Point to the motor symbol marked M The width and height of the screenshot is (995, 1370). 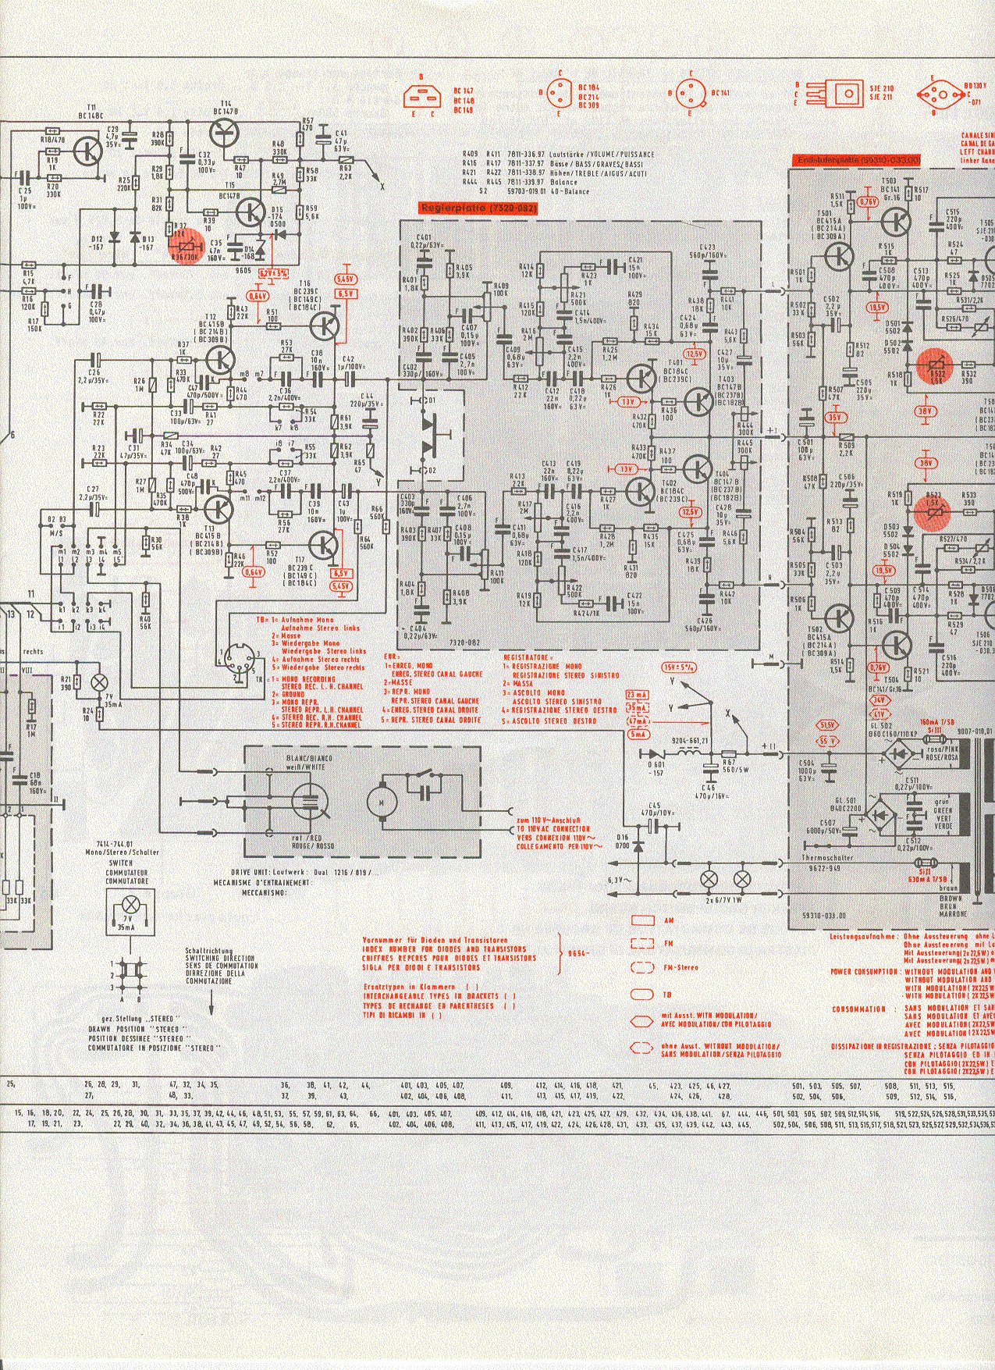tap(382, 800)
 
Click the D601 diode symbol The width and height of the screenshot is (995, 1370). tap(647, 755)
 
